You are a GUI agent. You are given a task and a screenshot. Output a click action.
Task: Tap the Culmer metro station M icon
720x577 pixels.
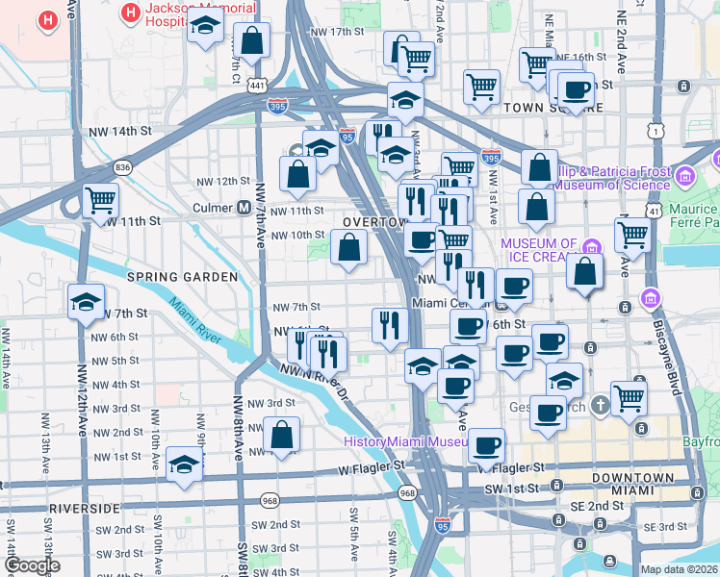click(244, 208)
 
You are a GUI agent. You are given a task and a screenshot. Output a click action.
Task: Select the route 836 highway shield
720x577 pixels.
click(122, 167)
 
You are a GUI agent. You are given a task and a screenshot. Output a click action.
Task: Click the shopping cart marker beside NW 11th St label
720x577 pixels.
click(100, 202)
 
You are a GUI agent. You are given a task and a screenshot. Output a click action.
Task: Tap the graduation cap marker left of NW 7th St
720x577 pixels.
click(86, 302)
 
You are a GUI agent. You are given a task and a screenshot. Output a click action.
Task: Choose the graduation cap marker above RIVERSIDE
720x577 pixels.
click(184, 464)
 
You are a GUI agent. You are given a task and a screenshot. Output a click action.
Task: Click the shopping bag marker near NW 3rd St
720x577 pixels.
click(282, 435)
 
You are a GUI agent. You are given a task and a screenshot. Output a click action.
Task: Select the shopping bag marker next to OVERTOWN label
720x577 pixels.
click(347, 248)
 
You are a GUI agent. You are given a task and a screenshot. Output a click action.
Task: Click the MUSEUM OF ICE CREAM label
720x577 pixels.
click(539, 251)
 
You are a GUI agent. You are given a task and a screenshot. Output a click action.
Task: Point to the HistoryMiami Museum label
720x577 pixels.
click(405, 441)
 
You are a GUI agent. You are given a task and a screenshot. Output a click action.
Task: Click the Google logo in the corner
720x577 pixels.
click(31, 565)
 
